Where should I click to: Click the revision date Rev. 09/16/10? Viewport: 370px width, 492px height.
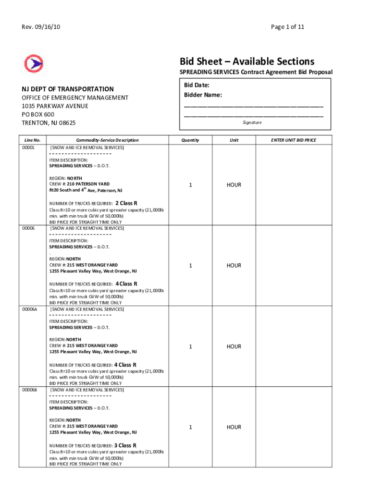coord(41,27)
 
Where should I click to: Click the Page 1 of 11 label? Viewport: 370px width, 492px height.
coord(287,27)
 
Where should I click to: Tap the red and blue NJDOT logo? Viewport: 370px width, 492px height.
coord(34,63)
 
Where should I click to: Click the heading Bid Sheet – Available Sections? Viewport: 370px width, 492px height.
coord(247,61)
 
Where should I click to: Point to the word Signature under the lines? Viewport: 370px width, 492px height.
coord(252,123)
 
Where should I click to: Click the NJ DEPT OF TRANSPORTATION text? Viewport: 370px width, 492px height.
coord(67,89)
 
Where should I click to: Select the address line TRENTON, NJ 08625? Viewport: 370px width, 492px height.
coord(49,123)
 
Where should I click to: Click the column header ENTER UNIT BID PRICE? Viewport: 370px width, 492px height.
coord(293,140)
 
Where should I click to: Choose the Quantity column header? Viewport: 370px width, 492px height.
coord(190,140)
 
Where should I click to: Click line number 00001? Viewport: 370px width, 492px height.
coord(28,148)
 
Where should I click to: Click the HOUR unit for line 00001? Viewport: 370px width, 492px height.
coord(234,185)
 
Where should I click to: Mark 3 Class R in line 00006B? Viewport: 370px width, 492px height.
coord(125,445)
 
